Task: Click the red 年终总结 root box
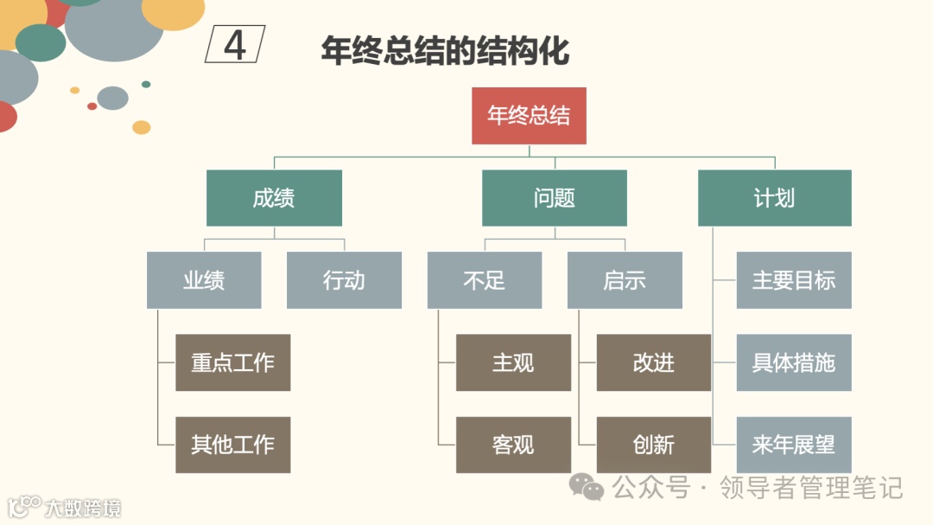(x=529, y=116)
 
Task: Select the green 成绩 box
(x=274, y=198)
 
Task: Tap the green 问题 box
(x=554, y=198)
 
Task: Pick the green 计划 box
(x=774, y=198)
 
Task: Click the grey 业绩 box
(x=204, y=280)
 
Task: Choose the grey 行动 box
(x=344, y=280)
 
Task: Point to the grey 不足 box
(x=484, y=280)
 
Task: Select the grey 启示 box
(x=624, y=280)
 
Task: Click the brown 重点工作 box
(x=232, y=362)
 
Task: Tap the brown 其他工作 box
(x=232, y=445)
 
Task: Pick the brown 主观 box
(x=513, y=362)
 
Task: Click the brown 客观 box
(x=513, y=445)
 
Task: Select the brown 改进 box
(x=653, y=362)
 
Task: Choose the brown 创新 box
(x=653, y=445)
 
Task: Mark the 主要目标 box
(x=794, y=280)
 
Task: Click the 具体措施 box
(x=794, y=362)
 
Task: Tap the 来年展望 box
(x=794, y=445)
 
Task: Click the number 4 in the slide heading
(x=235, y=45)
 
